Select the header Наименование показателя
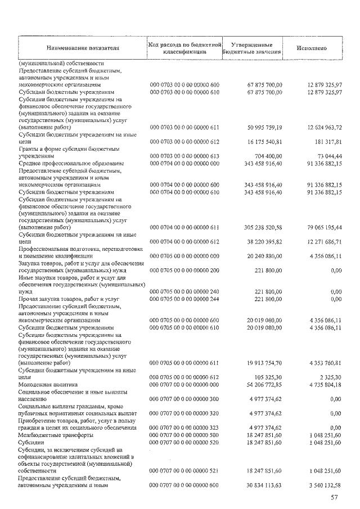coord(83,48)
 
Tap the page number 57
coord(335,497)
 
